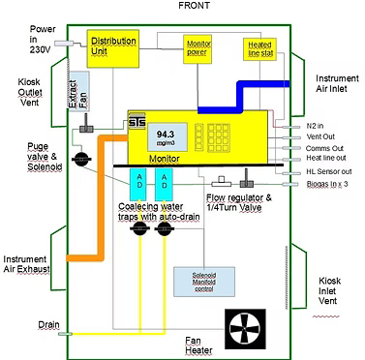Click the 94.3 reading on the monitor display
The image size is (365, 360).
coord(166,135)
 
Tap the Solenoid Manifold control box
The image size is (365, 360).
coord(199,281)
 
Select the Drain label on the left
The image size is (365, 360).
coord(22,325)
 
